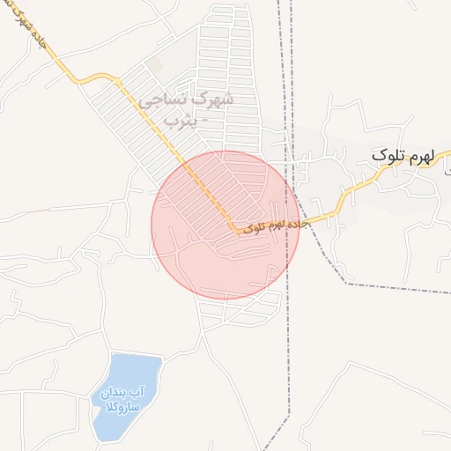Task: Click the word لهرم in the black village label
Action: click(421, 156)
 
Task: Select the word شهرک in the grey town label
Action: click(216, 99)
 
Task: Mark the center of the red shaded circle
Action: click(225, 225)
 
